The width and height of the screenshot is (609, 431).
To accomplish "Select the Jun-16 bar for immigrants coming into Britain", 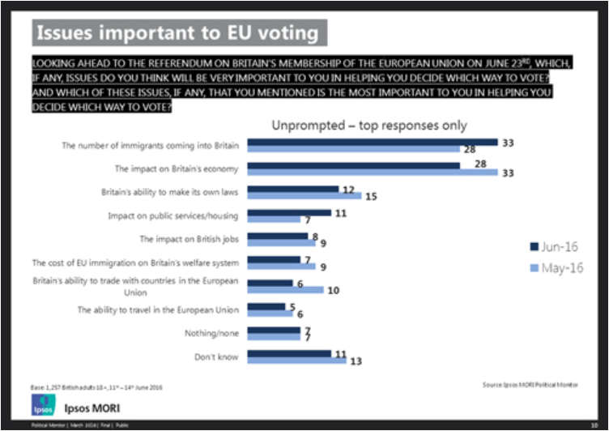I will click(x=372, y=142).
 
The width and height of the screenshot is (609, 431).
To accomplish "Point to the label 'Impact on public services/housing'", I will click(x=174, y=216).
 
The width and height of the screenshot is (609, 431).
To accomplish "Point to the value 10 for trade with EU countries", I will click(x=332, y=290).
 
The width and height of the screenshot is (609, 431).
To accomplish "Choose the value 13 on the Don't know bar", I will click(x=356, y=361).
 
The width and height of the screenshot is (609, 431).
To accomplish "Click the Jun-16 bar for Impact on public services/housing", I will click(x=288, y=212).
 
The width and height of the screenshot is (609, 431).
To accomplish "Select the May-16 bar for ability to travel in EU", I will click(x=270, y=313).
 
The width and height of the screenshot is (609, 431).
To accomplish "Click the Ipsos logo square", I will click(x=41, y=405).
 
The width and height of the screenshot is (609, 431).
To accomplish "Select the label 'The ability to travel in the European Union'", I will click(x=159, y=309).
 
